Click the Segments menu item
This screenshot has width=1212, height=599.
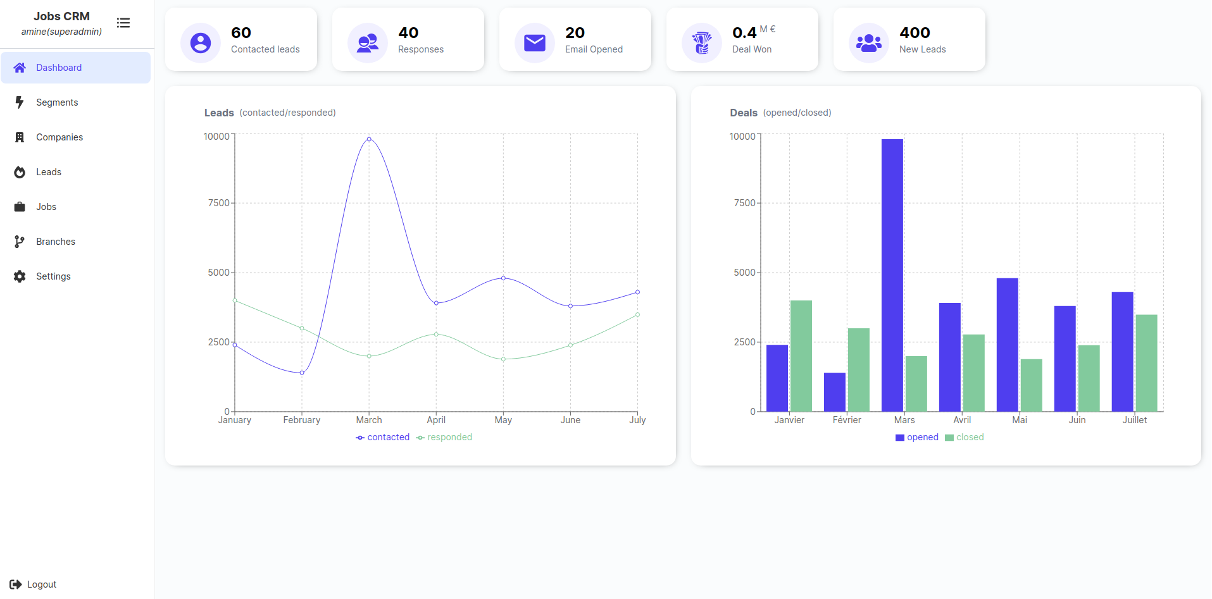[x=57, y=102]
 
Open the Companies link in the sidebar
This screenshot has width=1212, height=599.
[x=59, y=137]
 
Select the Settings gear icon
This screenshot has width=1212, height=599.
[x=20, y=276]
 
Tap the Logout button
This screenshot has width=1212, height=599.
[x=34, y=584]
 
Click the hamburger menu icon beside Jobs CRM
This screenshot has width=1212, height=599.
[x=123, y=23]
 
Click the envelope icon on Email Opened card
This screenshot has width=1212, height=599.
[x=535, y=43]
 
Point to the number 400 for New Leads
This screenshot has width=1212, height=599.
[x=915, y=33]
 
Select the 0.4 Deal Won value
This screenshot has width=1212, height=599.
[x=744, y=33]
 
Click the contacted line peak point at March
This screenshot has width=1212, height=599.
[x=369, y=139]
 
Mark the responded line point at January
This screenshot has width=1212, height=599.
[x=235, y=300]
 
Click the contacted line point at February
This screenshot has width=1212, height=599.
[x=302, y=373]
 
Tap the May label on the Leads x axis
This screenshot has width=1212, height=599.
[x=503, y=420]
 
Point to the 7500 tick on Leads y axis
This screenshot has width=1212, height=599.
[x=219, y=203]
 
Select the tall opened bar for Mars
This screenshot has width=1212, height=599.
[x=892, y=275]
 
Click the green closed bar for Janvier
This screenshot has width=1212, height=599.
[x=801, y=356]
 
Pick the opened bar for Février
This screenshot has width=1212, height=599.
[x=835, y=392]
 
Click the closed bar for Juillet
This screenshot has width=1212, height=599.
[x=1146, y=363]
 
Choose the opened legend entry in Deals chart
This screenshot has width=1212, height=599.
[x=917, y=437]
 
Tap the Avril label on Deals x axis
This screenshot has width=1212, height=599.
[x=962, y=420]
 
